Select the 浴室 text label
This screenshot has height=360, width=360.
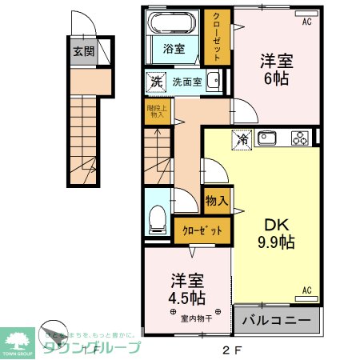174,49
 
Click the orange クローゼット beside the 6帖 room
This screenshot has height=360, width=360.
215,37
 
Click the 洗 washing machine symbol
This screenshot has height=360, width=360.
157,81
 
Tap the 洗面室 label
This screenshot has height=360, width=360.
187,81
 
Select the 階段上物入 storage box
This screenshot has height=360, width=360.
157,112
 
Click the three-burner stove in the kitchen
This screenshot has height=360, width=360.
300,138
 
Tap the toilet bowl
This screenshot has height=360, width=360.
158,215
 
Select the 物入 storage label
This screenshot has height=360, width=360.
217,200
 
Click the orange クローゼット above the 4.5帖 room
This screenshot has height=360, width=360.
203,230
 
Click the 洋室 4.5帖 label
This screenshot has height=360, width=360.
188,290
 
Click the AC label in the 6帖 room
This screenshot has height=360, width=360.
306,22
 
